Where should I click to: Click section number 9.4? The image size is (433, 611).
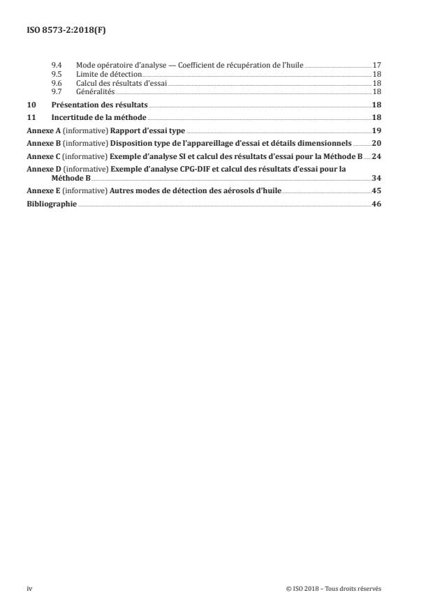57,66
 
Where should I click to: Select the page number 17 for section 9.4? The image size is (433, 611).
376,66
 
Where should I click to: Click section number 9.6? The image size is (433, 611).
57,83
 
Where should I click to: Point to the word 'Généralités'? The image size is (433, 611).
95,91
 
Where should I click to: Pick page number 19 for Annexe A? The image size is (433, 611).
376,130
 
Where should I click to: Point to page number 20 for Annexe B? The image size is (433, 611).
376,144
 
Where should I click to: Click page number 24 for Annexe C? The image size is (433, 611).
376,156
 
